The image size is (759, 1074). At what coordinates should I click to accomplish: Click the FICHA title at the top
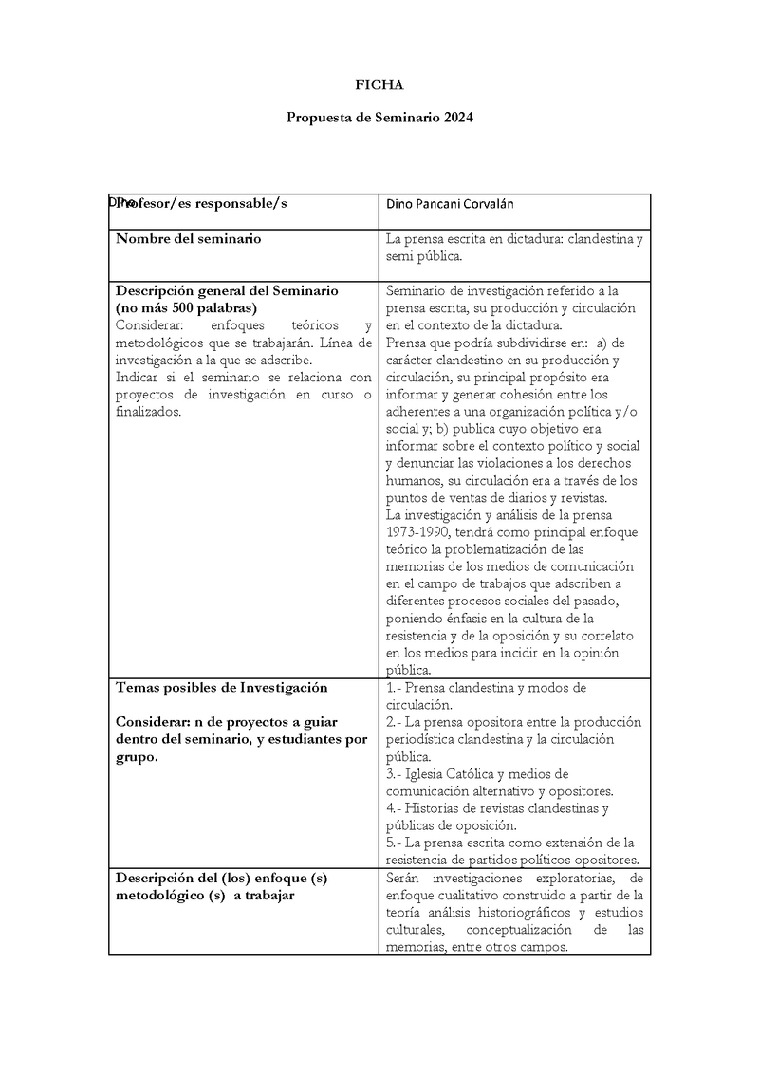pyautogui.click(x=379, y=84)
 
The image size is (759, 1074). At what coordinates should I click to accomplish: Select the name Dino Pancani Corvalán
pyautogui.click(x=451, y=204)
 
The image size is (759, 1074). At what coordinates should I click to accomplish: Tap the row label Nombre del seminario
pyautogui.click(x=188, y=239)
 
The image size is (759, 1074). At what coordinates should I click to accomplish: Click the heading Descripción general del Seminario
pyautogui.click(x=227, y=290)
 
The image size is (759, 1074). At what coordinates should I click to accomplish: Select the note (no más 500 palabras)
pyautogui.click(x=186, y=308)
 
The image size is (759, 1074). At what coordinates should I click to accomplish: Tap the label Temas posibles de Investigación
pyautogui.click(x=221, y=687)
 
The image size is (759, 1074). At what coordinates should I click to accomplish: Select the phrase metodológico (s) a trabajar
pyautogui.click(x=204, y=896)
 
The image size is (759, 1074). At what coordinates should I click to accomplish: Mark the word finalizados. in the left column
pyautogui.click(x=148, y=412)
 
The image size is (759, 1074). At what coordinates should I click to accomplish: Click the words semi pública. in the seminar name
pyautogui.click(x=424, y=257)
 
